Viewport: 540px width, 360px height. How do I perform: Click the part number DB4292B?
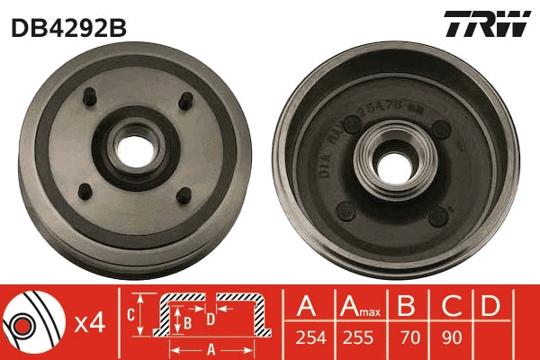coord(67,28)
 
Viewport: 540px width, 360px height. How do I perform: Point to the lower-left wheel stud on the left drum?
coord(84,190)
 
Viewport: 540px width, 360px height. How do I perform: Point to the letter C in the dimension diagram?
coord(131,314)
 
